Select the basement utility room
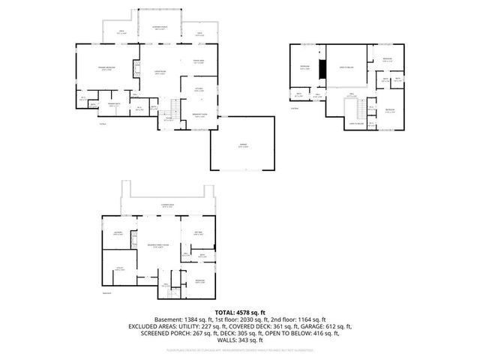tap(119, 269)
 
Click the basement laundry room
tap(118, 234)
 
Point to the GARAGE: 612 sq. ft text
tap(324, 326)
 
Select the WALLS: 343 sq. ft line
tap(239, 341)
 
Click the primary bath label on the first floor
tap(113, 106)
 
